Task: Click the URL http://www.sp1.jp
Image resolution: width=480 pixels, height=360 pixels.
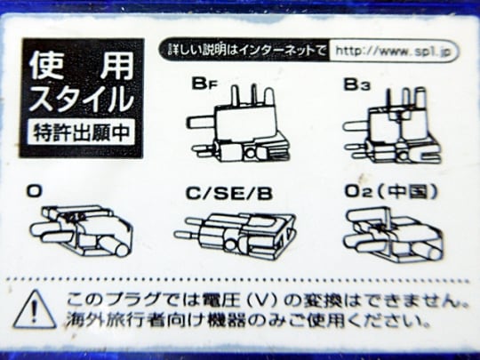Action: (x=393, y=51)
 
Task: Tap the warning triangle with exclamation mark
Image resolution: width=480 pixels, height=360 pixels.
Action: (x=35, y=310)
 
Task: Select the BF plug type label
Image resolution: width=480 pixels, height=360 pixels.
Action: (x=204, y=84)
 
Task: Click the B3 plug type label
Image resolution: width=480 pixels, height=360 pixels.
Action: (x=356, y=84)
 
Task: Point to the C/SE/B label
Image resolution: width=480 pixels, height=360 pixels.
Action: (x=229, y=194)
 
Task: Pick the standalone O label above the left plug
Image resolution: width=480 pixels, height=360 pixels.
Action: (x=35, y=192)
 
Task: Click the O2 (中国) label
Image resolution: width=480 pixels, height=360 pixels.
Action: (x=391, y=191)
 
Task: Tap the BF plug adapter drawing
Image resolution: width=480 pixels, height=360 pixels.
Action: (x=239, y=123)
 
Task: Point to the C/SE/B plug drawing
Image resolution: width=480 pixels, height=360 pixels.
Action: (x=235, y=235)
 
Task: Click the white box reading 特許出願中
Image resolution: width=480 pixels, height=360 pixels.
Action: (x=81, y=132)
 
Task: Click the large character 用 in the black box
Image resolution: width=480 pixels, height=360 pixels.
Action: (x=116, y=65)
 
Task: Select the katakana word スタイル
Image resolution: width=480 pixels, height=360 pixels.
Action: (x=82, y=99)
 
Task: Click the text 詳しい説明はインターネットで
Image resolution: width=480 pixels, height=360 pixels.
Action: (x=246, y=50)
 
